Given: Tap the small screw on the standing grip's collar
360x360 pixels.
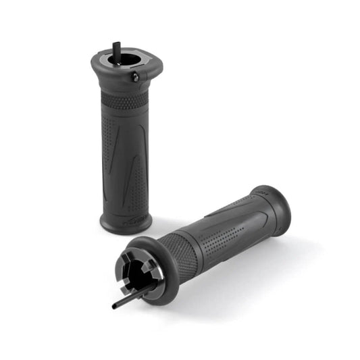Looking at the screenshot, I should (x=135, y=78).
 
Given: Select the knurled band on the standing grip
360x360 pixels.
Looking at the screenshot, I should (x=124, y=101).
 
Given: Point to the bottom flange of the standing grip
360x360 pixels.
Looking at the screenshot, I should (x=126, y=223).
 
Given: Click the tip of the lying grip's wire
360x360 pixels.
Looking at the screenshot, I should (x=114, y=306).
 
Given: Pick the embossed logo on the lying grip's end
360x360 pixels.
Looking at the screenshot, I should (x=261, y=195).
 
